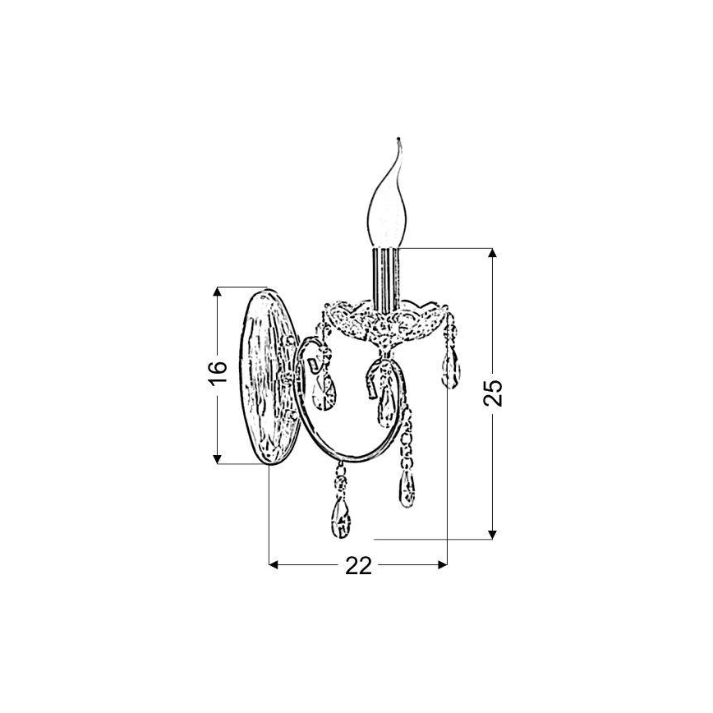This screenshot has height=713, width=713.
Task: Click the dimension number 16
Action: [218, 373]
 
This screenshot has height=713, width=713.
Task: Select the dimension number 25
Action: [493, 393]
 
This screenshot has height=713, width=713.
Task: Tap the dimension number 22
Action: [358, 566]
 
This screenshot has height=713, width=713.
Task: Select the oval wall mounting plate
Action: [269, 377]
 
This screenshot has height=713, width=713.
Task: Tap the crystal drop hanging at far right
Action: [450, 368]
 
